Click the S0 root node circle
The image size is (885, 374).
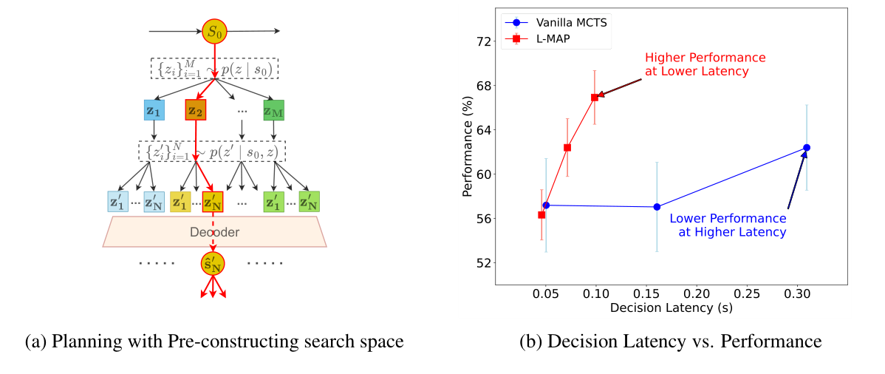tap(213, 33)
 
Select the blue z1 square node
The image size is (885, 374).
tap(154, 110)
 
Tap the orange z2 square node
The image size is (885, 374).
tap(196, 110)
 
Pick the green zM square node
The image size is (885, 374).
tap(273, 110)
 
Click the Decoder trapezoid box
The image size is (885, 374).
tap(214, 231)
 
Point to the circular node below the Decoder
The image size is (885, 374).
tap(213, 264)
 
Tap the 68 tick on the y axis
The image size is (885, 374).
tap(483, 86)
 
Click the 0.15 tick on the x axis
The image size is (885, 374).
tap(646, 293)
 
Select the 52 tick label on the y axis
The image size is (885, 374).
tap(483, 263)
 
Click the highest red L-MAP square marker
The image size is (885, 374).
tap(594, 97)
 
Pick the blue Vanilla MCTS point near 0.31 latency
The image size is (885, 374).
tap(807, 148)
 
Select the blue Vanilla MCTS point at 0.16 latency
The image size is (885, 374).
tap(657, 207)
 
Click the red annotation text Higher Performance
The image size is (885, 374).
tap(705, 58)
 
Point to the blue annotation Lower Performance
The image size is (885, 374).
tap(728, 219)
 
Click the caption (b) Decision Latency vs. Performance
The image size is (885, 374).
tap(670, 341)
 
